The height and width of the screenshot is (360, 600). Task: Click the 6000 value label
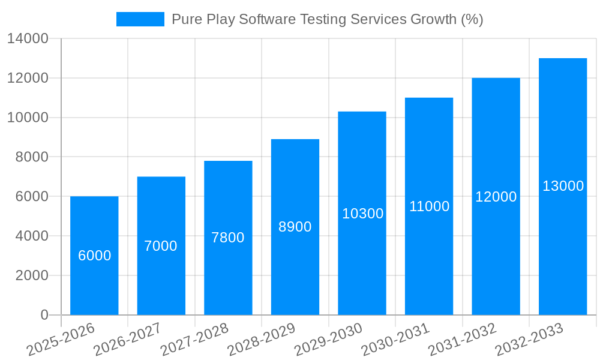[x=95, y=256]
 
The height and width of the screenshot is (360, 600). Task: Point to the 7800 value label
[x=228, y=238]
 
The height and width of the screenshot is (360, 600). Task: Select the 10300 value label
[x=362, y=214]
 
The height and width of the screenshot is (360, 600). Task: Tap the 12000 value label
[x=496, y=197]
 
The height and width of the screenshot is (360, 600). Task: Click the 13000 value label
[x=563, y=186]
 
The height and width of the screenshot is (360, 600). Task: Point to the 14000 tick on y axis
[x=28, y=39]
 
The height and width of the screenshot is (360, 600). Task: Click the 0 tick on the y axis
[x=44, y=315]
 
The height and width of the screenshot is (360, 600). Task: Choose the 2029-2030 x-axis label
[x=328, y=340]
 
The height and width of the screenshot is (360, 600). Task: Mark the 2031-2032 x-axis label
[x=462, y=340]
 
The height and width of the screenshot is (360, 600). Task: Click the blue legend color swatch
[x=140, y=19]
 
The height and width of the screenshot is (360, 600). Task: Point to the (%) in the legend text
[x=472, y=19]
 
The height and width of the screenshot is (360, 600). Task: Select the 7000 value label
[x=161, y=246]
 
